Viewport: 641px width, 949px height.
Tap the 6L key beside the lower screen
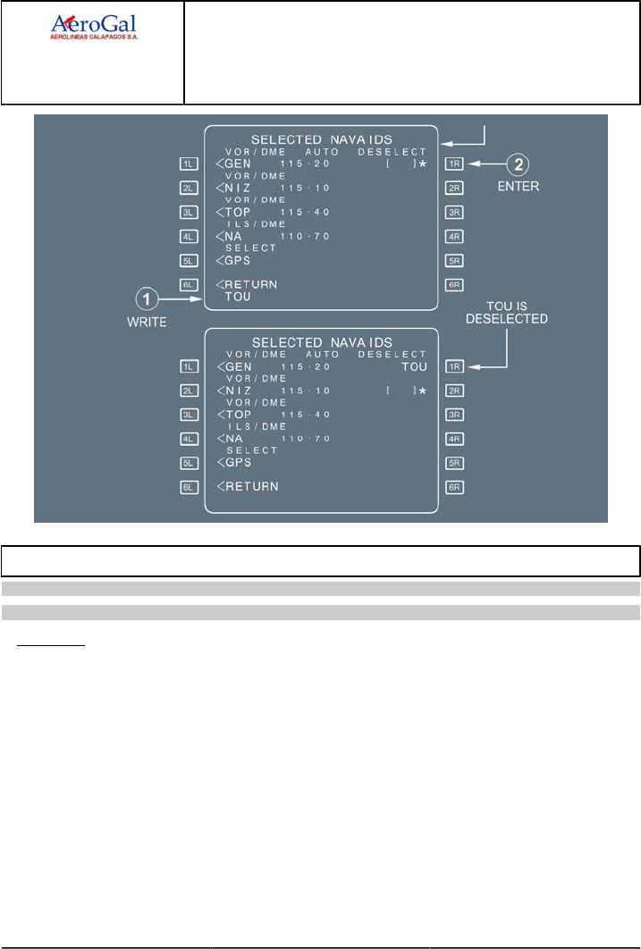[189, 487]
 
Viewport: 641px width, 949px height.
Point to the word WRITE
[147, 323]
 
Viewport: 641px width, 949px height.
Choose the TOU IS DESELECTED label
[507, 313]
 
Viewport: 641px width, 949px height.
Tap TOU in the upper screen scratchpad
[238, 298]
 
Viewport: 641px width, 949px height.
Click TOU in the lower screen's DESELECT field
[413, 367]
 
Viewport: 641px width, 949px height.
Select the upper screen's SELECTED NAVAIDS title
[322, 140]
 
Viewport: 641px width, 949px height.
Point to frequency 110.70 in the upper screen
[305, 237]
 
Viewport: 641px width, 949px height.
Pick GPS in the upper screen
[236, 261]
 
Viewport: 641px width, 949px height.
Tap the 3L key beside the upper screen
[189, 213]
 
